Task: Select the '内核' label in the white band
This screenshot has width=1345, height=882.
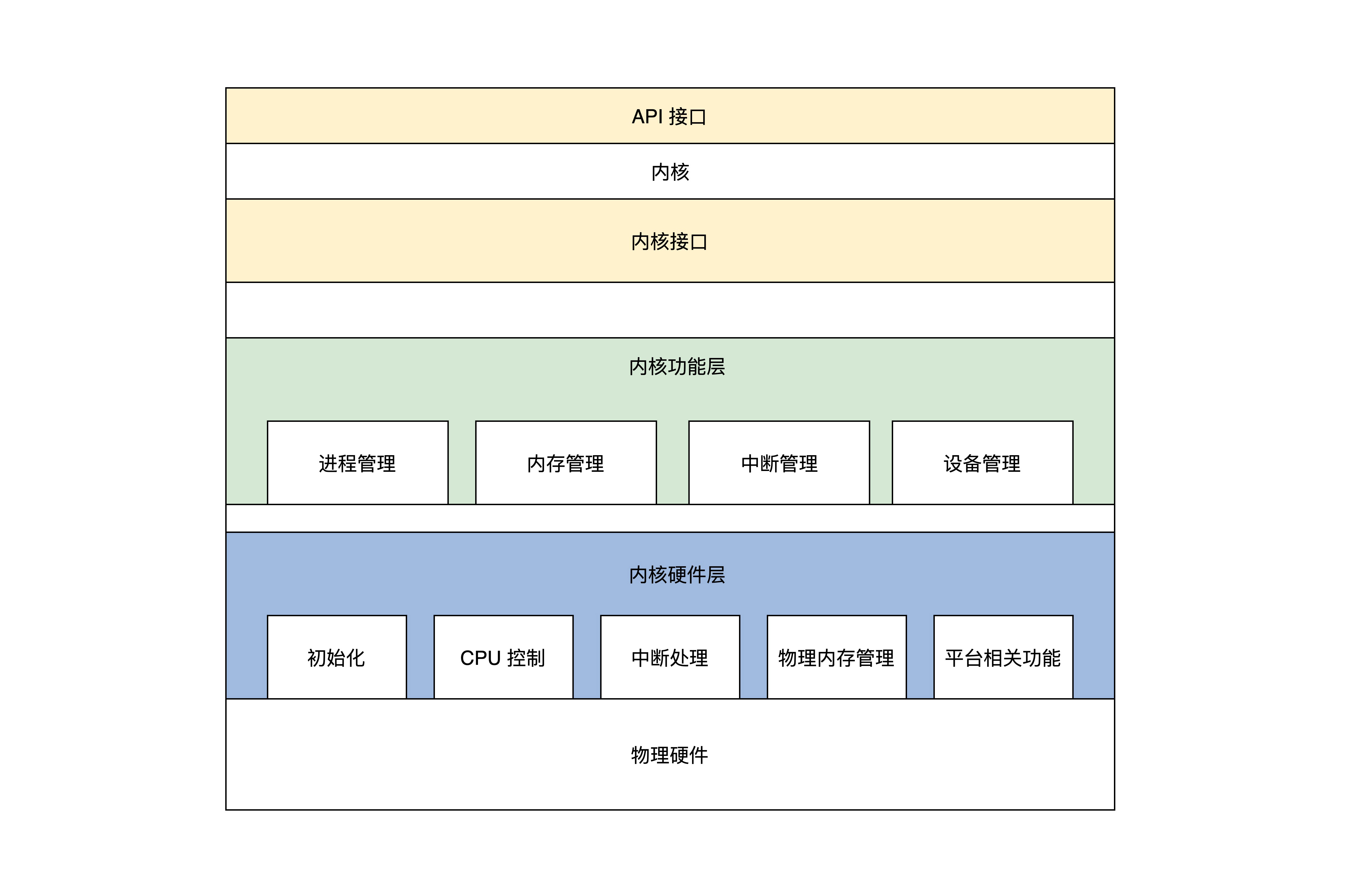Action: [x=670, y=172]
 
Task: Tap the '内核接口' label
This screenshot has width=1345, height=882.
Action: [x=669, y=242]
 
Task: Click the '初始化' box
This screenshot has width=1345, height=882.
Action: [x=336, y=657]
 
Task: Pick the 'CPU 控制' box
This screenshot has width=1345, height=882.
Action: [x=503, y=657]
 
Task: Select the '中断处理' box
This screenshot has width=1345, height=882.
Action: [x=670, y=657]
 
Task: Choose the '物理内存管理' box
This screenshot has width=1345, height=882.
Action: [x=836, y=657]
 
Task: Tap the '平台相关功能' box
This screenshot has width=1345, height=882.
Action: [x=1003, y=657]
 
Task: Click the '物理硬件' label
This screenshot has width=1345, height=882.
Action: [x=669, y=755]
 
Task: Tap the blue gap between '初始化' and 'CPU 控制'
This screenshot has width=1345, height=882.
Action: [x=420, y=657]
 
